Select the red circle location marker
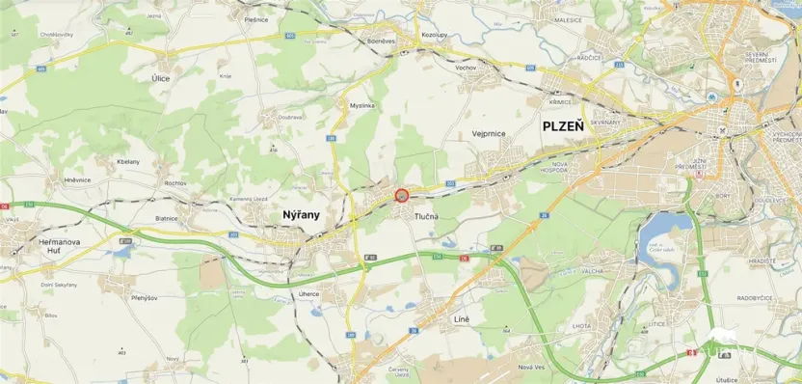pyautogui.click(x=402, y=195)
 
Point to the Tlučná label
pyautogui.click(x=425, y=216)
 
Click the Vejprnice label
pyautogui.click(x=490, y=134)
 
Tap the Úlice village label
pyautogui.click(x=161, y=77)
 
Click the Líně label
pyautogui.click(x=463, y=317)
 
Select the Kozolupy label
pyautogui.click(x=437, y=33)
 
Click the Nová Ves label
pyautogui.click(x=532, y=367)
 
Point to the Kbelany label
pyautogui.click(x=127, y=161)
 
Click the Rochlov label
pyautogui.click(x=175, y=182)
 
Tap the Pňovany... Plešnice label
pyautogui.click(x=256, y=18)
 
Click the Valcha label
pyautogui.click(x=592, y=271)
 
